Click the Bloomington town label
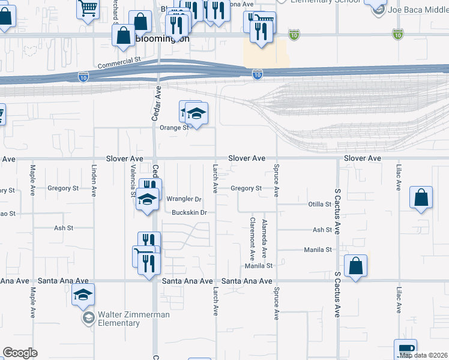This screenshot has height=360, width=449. (x=162, y=39)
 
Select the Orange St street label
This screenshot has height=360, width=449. (x=174, y=127)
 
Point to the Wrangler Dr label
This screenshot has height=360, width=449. (x=184, y=199)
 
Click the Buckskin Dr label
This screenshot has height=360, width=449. (x=189, y=212)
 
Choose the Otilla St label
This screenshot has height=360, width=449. (x=319, y=204)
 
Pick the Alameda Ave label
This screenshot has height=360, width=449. (x=264, y=239)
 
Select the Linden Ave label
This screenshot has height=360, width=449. (x=94, y=181)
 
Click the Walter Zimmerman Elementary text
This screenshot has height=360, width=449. (x=127, y=319)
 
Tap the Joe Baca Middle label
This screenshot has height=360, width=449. (x=415, y=10)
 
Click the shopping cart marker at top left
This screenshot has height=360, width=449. (x=88, y=9)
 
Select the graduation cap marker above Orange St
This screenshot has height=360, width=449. (x=196, y=113)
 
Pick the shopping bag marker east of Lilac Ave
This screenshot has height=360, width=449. (x=421, y=197)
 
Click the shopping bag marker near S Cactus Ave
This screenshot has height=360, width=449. (x=356, y=266)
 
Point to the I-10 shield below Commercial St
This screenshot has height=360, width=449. (x=83, y=77)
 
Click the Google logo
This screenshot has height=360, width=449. (x=20, y=353)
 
